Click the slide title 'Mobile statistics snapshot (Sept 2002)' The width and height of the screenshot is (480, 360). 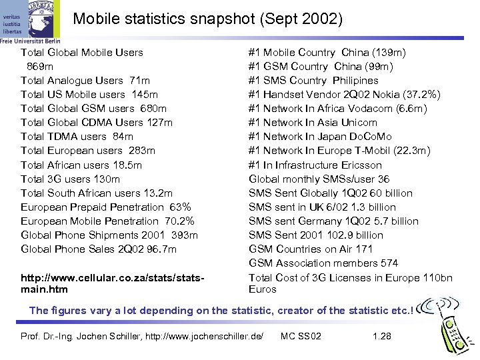[x=207, y=19]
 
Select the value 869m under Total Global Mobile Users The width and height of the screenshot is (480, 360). [x=40, y=66]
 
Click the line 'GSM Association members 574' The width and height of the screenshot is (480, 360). [x=323, y=263]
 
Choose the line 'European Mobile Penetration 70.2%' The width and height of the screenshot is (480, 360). [x=107, y=221]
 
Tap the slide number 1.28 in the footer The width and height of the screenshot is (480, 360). [x=382, y=336]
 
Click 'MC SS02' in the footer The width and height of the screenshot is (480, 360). [x=301, y=336]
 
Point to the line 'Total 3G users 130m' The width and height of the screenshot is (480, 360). [x=71, y=179]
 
